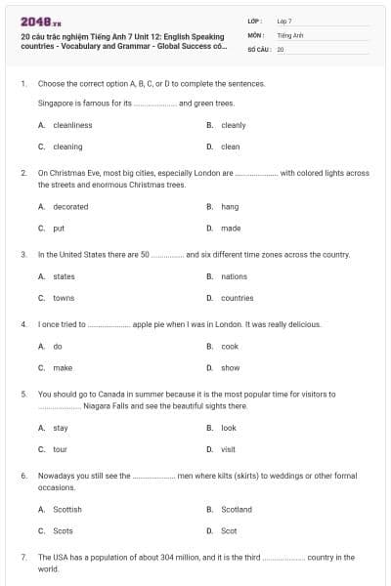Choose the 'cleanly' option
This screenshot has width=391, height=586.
coord(233,125)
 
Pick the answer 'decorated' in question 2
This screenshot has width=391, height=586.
coord(70,206)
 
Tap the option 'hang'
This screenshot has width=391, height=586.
coord(230,206)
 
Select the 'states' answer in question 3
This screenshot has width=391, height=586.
coord(64,276)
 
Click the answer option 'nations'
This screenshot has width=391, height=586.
coord(234,276)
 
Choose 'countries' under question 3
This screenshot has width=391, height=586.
coord(237,298)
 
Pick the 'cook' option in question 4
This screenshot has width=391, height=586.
coord(230,346)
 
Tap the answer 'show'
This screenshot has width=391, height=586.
coord(230,368)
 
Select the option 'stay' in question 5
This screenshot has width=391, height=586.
coord(61,428)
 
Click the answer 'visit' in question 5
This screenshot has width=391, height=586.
coord(229,449)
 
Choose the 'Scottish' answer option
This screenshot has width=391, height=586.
coord(67,509)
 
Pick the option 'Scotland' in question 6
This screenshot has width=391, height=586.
coord(237,509)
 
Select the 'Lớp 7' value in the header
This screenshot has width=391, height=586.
coord(284,21)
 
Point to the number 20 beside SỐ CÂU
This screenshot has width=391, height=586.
coord(281,48)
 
